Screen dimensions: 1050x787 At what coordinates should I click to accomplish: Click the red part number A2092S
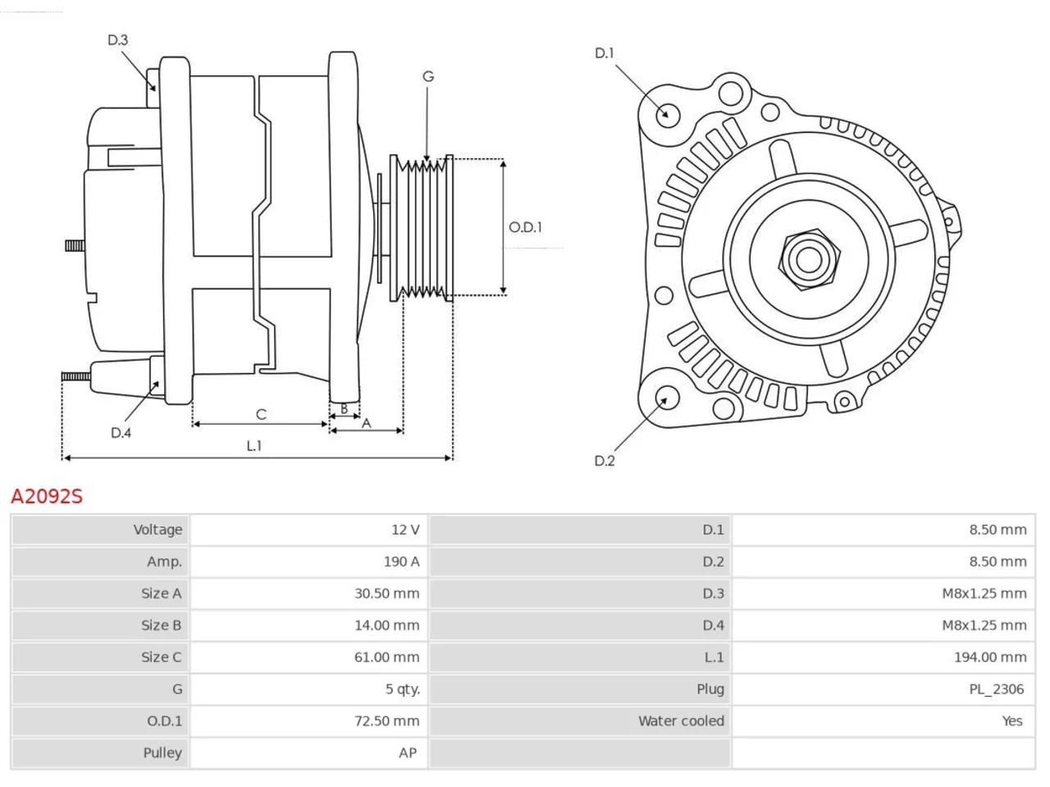tap(47, 497)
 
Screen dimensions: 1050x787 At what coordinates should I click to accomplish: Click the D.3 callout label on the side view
tap(117, 39)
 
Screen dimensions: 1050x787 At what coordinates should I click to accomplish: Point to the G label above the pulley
tap(428, 76)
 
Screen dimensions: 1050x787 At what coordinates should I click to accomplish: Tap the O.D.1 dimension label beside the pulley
tap(525, 227)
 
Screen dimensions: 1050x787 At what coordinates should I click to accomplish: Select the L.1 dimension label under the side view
tap(254, 446)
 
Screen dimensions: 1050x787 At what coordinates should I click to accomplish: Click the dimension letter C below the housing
tap(261, 414)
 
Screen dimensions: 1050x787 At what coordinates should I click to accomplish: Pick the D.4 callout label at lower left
tap(121, 433)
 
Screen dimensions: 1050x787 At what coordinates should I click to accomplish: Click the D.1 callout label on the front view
tap(605, 53)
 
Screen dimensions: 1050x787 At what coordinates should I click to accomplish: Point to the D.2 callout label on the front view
tap(605, 461)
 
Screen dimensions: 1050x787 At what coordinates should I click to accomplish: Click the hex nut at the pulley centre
tap(809, 260)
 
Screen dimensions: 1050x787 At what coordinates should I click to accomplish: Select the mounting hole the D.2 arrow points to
tap(666, 397)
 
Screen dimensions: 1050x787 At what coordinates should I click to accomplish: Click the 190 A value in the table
tap(401, 562)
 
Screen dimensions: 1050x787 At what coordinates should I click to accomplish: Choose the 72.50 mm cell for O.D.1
tap(386, 721)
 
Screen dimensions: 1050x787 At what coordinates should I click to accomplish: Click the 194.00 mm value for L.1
tap(990, 657)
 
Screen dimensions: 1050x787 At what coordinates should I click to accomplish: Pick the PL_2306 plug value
tap(997, 689)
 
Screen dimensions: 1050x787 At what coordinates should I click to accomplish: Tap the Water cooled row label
tap(681, 721)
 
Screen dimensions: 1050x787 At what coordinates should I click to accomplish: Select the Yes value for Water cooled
tap(1012, 721)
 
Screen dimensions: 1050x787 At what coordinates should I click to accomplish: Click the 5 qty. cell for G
tap(403, 689)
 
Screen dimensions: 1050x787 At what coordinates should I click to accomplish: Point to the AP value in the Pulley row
tap(408, 753)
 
